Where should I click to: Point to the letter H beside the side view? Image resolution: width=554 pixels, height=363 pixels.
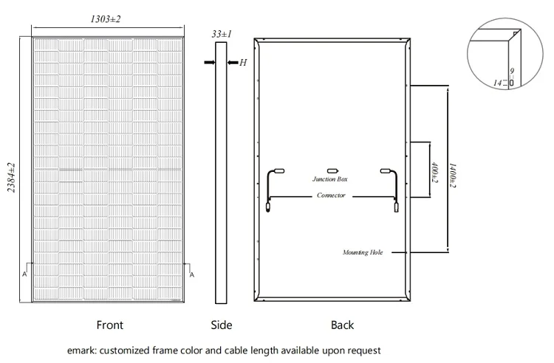[242, 63]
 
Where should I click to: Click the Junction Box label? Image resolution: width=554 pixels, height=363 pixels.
[329, 179]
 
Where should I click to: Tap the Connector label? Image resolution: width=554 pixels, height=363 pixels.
[330, 196]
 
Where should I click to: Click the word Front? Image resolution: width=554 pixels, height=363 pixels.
[110, 325]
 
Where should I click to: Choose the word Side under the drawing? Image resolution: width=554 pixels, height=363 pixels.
[222, 325]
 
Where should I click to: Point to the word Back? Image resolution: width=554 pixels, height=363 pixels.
[343, 325]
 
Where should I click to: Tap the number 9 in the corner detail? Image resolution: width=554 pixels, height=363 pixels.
[510, 71]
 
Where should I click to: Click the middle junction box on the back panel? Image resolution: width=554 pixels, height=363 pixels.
[332, 170]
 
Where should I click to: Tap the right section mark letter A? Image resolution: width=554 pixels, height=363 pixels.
[191, 274]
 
